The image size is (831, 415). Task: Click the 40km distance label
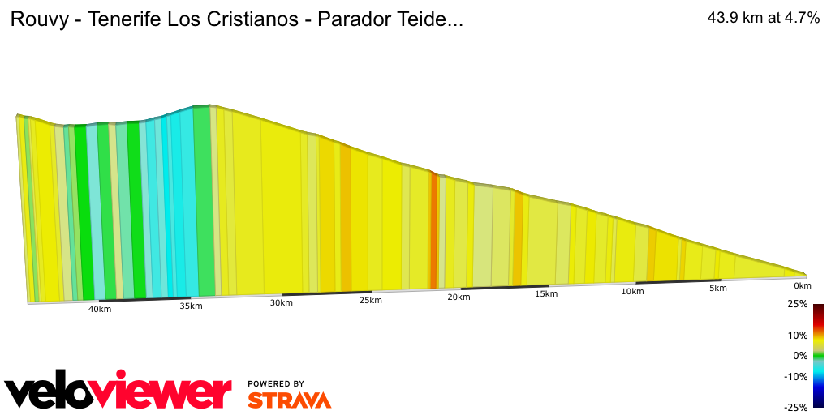click(100, 309)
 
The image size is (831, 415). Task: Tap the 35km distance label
click(191, 306)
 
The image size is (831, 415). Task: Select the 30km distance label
click(281, 302)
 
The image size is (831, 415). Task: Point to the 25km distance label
click(370, 300)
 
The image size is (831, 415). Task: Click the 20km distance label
click(459, 297)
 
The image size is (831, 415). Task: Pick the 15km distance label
click(546, 293)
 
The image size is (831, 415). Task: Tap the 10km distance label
click(633, 291)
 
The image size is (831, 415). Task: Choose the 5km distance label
click(717, 288)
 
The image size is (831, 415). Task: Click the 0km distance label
click(803, 285)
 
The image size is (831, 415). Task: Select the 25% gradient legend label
click(798, 304)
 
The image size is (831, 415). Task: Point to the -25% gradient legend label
click(796, 408)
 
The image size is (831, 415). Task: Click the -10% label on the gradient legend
click(796, 376)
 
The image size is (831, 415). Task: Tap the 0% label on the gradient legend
click(801, 356)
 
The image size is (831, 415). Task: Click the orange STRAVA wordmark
click(289, 400)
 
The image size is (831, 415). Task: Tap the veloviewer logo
click(118, 391)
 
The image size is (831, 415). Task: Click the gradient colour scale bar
click(819, 355)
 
